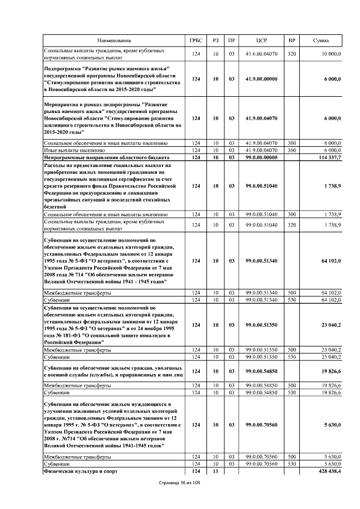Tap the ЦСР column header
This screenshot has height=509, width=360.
(x=260, y=41)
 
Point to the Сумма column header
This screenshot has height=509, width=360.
(x=321, y=41)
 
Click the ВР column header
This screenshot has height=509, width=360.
(x=291, y=41)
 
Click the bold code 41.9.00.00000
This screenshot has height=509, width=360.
(x=260, y=79)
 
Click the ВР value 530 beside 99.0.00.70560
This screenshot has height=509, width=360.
(x=291, y=463)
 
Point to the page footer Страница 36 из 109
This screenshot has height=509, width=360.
(x=179, y=483)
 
